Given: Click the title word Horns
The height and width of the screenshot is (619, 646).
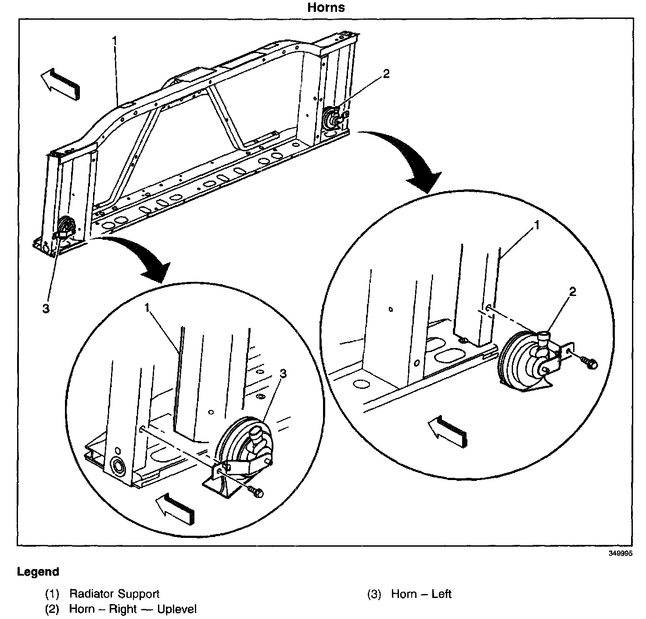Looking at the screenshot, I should pos(326,7).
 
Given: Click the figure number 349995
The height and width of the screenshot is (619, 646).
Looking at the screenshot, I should pos(620,553).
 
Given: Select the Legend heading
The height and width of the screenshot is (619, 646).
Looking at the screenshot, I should pos(38,572).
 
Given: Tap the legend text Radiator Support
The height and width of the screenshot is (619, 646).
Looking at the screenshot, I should pos(114,594).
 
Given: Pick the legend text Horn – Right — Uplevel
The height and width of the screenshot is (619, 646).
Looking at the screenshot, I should pos(133,609).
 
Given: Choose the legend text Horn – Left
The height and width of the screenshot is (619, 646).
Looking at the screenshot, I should pos(421,594).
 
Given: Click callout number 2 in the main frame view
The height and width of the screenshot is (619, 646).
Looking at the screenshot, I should pos(386,74).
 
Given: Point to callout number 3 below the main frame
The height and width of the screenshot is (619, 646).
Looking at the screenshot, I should pos(46,309).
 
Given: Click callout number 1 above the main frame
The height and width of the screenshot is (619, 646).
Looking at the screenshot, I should pos(115,40).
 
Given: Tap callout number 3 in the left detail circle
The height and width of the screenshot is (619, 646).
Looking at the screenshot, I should pos(283,374).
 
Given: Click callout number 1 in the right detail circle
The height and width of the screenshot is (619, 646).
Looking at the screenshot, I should pos(536,225).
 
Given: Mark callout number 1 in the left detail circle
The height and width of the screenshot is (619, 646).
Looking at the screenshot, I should pos(148,309).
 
